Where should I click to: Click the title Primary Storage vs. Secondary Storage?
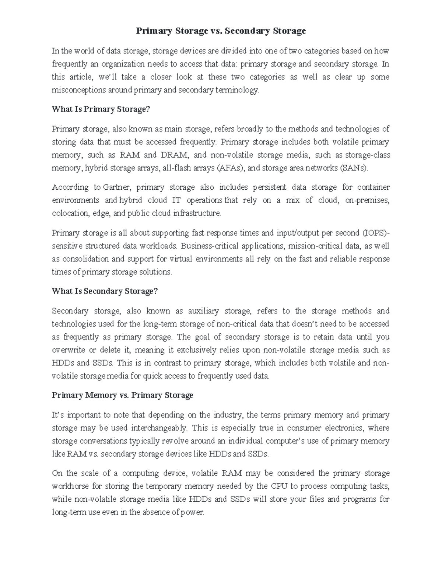(x=221, y=31)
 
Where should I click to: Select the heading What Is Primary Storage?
(x=101, y=109)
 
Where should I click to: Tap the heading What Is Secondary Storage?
(x=105, y=291)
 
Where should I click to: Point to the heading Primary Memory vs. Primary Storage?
(x=123, y=395)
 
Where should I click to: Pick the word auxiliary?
(x=203, y=311)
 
